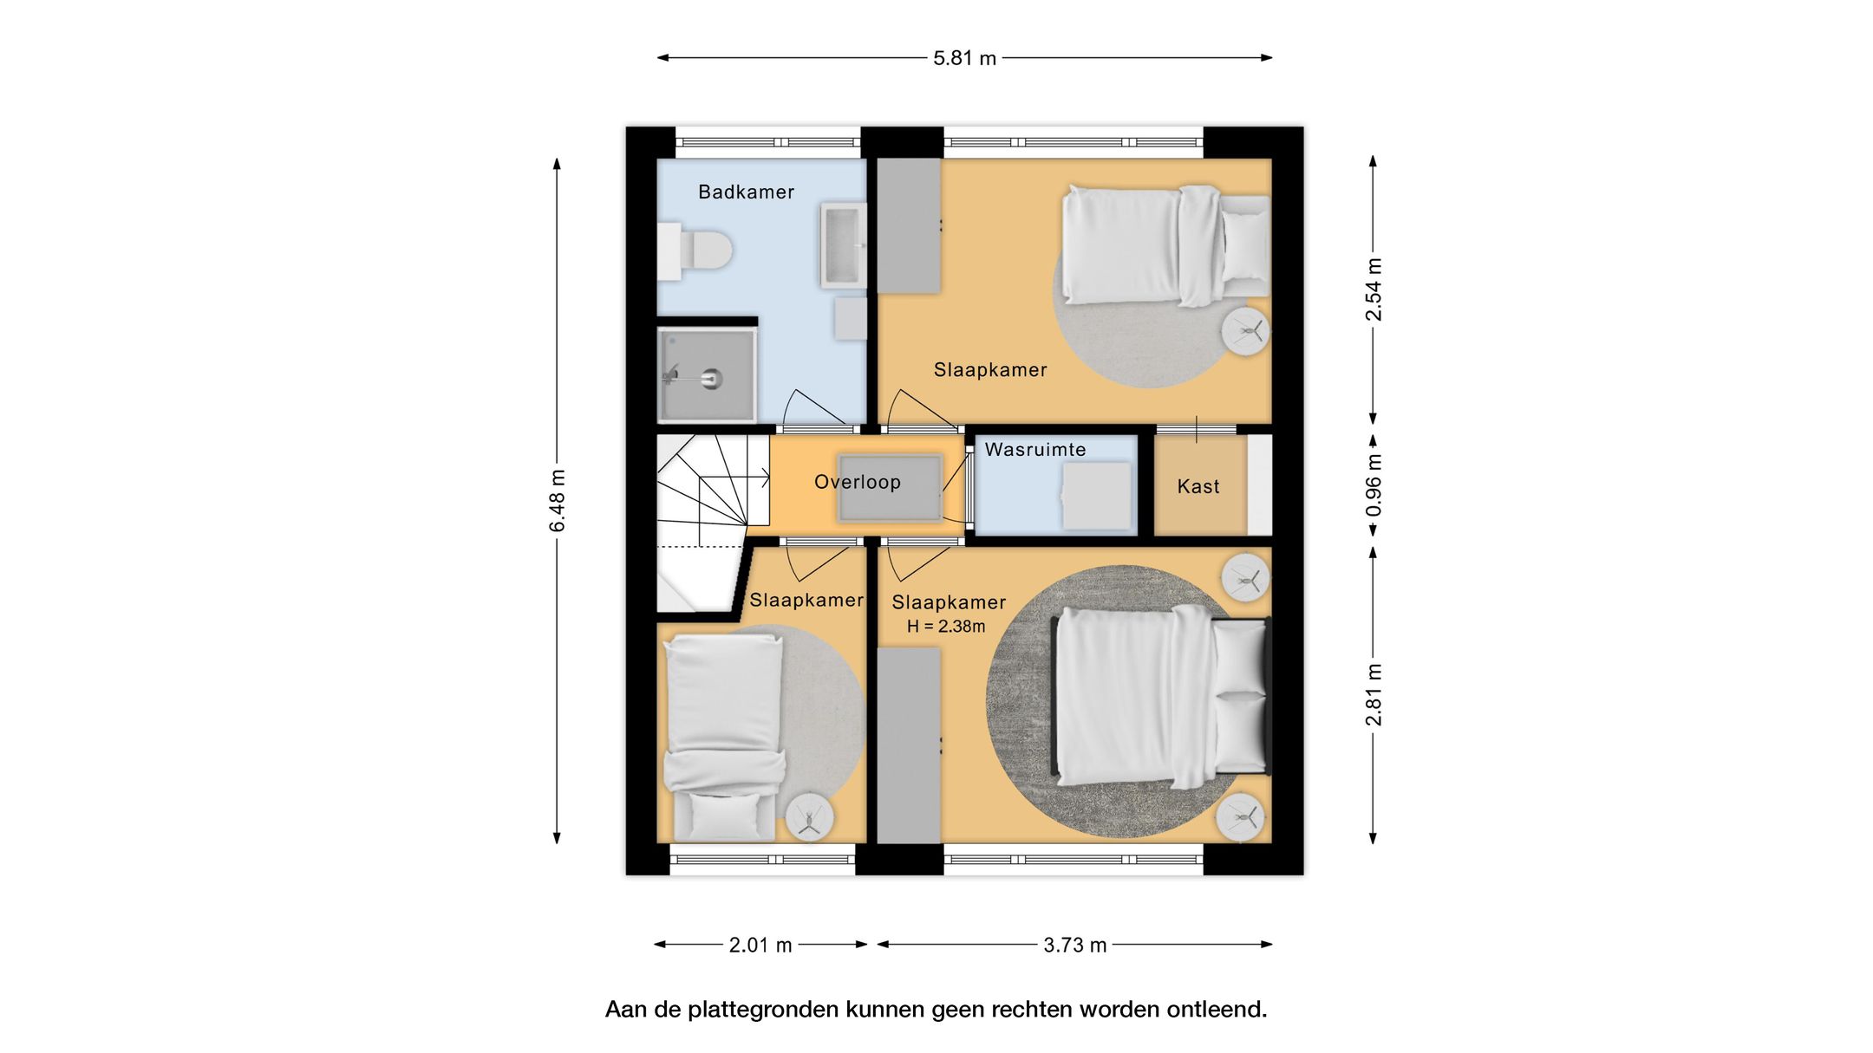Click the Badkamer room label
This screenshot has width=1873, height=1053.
click(746, 192)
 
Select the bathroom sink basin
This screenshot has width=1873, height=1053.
click(844, 245)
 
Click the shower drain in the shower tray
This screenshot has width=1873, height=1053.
click(711, 378)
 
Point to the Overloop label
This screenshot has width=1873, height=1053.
click(858, 482)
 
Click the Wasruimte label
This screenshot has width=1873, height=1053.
click(1035, 449)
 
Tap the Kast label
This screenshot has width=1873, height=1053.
click(1198, 486)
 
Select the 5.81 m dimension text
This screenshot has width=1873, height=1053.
click(964, 58)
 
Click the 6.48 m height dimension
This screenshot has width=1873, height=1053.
click(557, 501)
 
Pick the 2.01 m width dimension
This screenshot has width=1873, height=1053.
click(760, 945)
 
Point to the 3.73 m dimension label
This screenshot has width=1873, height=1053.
click(1075, 945)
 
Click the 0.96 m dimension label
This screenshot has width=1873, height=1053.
click(1374, 485)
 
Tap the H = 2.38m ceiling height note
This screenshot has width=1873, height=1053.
click(946, 626)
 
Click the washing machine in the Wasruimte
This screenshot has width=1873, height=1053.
click(1097, 496)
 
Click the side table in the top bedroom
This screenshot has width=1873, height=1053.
click(1246, 331)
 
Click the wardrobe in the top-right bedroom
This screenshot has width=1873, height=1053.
click(909, 225)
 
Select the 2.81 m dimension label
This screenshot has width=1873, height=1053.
click(1374, 695)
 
